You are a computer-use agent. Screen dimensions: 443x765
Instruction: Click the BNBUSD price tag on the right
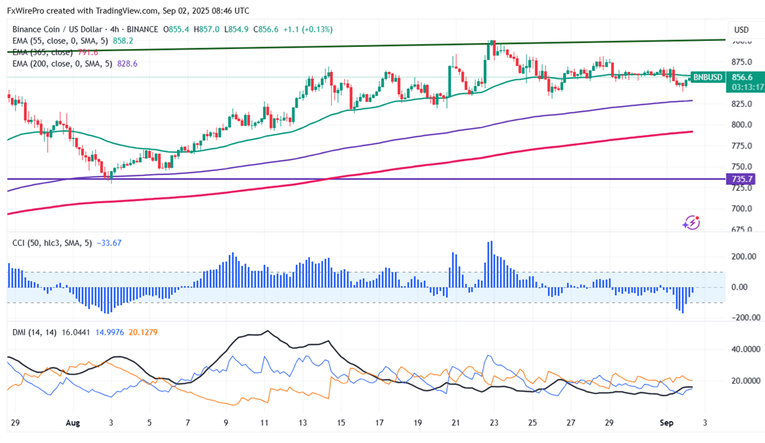tap(708, 78)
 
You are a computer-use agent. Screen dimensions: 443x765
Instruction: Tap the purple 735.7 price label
tap(742, 179)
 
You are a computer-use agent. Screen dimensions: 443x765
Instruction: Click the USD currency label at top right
tap(741, 30)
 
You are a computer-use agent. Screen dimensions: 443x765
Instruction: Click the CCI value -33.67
tap(109, 243)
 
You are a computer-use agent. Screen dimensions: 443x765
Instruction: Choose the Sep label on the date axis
tap(666, 423)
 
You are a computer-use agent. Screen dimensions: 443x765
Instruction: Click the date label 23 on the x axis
tap(494, 423)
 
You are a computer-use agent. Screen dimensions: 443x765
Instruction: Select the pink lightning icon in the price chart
tap(691, 222)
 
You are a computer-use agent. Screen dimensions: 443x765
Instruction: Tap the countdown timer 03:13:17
tap(708, 87)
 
